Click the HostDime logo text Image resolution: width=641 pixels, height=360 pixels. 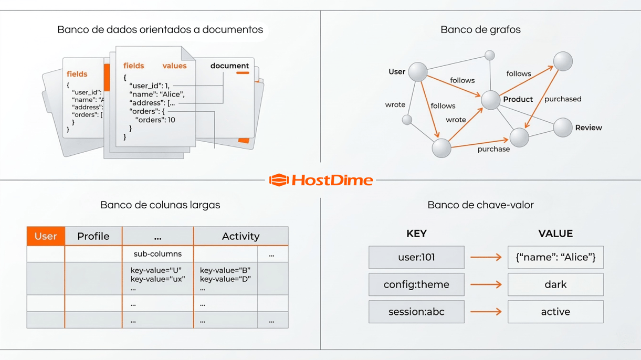(x=332, y=180)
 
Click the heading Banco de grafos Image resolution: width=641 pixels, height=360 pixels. (x=480, y=30)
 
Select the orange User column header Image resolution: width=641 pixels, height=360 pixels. (x=46, y=236)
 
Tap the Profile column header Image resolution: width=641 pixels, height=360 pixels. (x=93, y=236)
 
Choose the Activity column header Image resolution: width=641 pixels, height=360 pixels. (x=240, y=236)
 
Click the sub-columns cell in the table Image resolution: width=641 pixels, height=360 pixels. (x=157, y=254)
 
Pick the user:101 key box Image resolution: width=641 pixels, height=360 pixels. (x=416, y=257)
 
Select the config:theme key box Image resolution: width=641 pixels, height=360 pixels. (x=416, y=284)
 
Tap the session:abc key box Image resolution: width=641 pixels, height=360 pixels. (x=416, y=312)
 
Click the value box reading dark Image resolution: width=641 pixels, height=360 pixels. (x=555, y=284)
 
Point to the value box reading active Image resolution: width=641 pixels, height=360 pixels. (x=555, y=312)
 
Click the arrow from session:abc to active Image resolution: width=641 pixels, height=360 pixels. (x=486, y=312)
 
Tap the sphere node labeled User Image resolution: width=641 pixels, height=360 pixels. (x=418, y=72)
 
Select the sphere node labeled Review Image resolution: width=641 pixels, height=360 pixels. (x=563, y=128)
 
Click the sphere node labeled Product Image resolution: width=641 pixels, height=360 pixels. (x=490, y=100)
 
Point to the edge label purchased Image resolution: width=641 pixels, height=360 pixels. (x=563, y=99)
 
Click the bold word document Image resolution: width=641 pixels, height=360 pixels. (x=229, y=66)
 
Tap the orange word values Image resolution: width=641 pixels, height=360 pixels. (x=175, y=66)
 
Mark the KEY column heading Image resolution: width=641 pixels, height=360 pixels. (x=416, y=234)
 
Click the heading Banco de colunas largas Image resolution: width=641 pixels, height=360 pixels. (x=160, y=205)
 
